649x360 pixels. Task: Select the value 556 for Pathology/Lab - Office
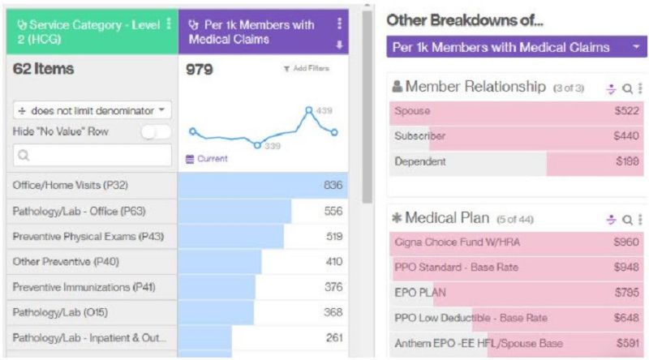coord(333,211)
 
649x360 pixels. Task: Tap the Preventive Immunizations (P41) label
coord(84,287)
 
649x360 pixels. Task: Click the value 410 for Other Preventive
coord(333,262)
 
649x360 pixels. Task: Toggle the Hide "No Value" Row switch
coord(156,131)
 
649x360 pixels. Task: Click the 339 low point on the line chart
coord(257,145)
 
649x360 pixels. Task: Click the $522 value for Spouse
coord(627,110)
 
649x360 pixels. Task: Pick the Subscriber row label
coord(419,136)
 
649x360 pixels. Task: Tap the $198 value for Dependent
coord(627,161)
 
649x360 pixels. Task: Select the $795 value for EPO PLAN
coord(627,292)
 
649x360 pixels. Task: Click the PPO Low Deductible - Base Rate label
coord(471,318)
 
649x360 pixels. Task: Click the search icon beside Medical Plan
coord(627,219)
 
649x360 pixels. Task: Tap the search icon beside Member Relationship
coord(627,88)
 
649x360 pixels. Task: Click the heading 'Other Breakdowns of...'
coord(465,19)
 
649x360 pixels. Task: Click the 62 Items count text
coord(43,70)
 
